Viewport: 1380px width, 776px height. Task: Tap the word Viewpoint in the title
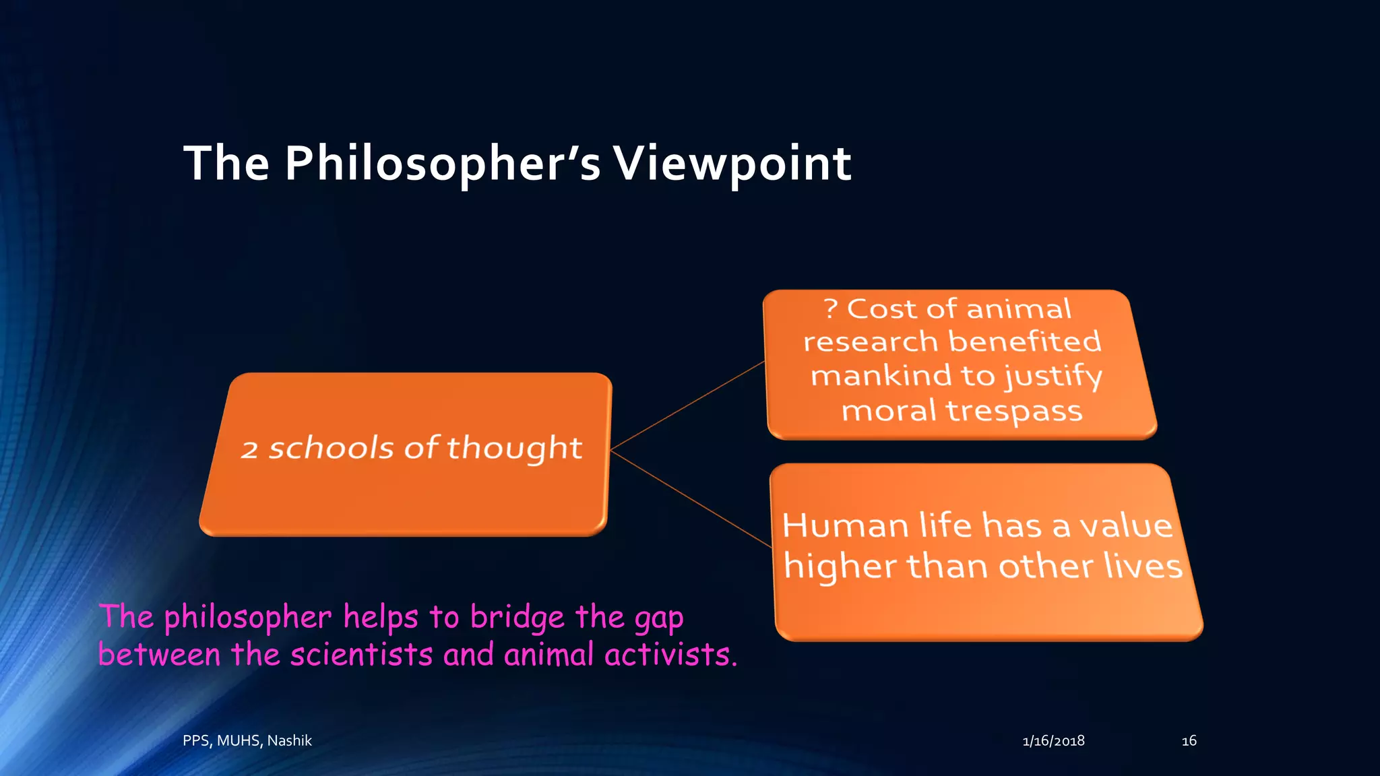tap(732, 164)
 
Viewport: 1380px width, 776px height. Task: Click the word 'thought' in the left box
tap(514, 449)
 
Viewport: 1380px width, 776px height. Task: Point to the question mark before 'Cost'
tap(831, 309)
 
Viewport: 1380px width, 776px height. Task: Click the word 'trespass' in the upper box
tap(1013, 410)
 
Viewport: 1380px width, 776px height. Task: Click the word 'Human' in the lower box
tap(845, 525)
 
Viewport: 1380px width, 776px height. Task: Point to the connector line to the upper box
tap(687, 406)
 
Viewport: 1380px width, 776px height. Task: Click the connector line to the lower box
tap(691, 498)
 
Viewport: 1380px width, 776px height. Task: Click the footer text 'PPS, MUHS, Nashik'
tap(247, 740)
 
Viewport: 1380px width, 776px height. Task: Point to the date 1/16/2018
tap(1053, 741)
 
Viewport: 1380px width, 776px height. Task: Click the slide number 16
tap(1189, 741)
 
